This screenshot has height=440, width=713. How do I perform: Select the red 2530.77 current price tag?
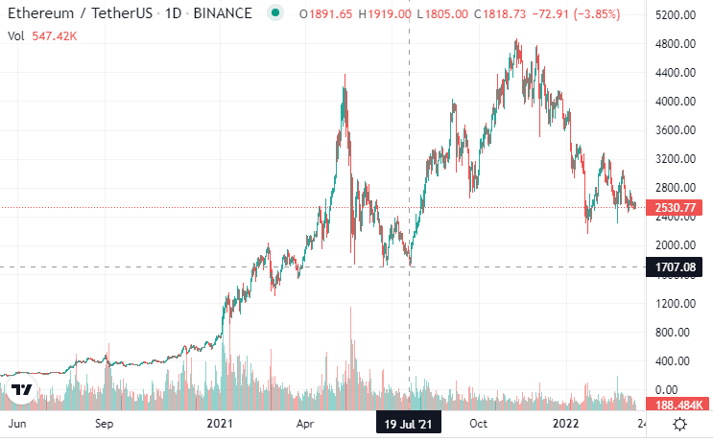pyautogui.click(x=678, y=207)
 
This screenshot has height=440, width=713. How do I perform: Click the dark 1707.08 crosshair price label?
pyautogui.click(x=678, y=267)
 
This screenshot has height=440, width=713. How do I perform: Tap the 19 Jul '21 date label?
pyautogui.click(x=409, y=423)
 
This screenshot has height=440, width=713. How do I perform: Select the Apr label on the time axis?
pyautogui.click(x=307, y=423)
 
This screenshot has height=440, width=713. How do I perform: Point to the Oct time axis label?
pyautogui.click(x=479, y=423)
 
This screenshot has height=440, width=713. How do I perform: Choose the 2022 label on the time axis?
pyautogui.click(x=565, y=423)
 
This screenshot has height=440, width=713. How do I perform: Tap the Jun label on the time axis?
pyautogui.click(x=16, y=423)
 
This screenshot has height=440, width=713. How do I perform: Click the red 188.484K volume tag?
pyautogui.click(x=678, y=404)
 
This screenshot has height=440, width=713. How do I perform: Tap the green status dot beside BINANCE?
pyautogui.click(x=276, y=13)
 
